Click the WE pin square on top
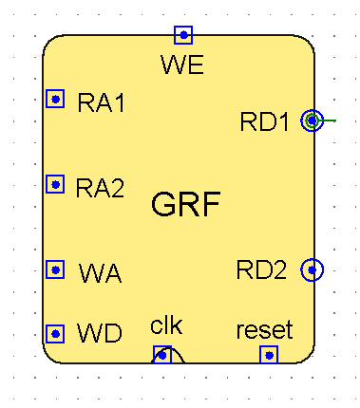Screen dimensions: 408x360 pos(183,35)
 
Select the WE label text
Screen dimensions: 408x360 pos(183,65)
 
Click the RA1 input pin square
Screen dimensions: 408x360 pos(56,99)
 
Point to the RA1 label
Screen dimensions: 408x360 pos(102,102)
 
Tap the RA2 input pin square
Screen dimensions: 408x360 pos(56,184)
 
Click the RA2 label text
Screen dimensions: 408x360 pos(101,187)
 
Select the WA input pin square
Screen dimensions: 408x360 pos(56,269)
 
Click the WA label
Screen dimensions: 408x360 pos(100,274)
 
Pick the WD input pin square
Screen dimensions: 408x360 pos(56,334)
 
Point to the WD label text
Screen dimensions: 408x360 pos(100,334)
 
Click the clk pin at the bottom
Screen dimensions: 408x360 pos(162,355)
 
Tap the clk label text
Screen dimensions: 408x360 pos(165,326)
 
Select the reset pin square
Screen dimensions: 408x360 pos(269,355)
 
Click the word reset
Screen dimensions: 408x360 pos(264,330)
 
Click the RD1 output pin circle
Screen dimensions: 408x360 pos(311,121)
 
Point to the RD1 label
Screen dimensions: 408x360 pos(266,121)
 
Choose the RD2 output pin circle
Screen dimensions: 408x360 pos(311,270)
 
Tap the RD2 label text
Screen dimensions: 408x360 pos(261,270)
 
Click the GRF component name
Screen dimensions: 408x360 pos(186,203)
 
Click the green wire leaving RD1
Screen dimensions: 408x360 pos(329,121)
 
